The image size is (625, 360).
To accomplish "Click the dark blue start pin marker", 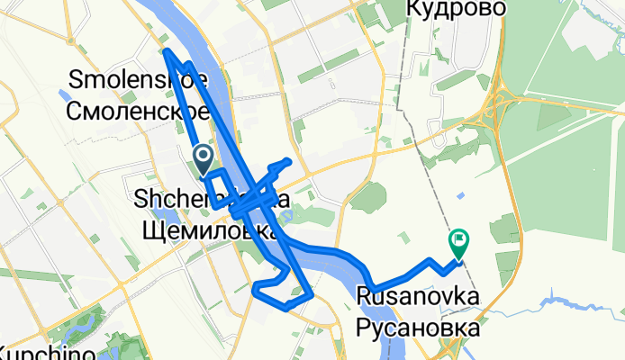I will (x=203, y=161).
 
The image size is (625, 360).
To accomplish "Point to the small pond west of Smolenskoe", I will (x=65, y=93).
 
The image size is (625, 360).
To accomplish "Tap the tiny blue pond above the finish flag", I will (x=461, y=195).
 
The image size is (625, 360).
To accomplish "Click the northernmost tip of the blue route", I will (x=167, y=51).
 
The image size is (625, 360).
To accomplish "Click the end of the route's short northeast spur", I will (x=288, y=160).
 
